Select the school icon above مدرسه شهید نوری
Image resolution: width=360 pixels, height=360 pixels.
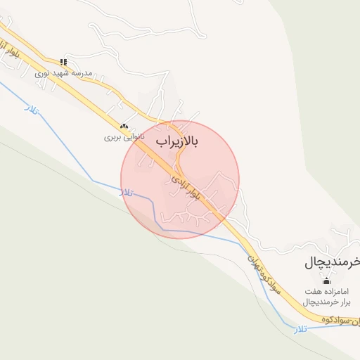(64, 62)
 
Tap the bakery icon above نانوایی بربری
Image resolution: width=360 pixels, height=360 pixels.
(124, 127)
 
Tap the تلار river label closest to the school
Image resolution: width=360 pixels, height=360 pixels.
(32, 108)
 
